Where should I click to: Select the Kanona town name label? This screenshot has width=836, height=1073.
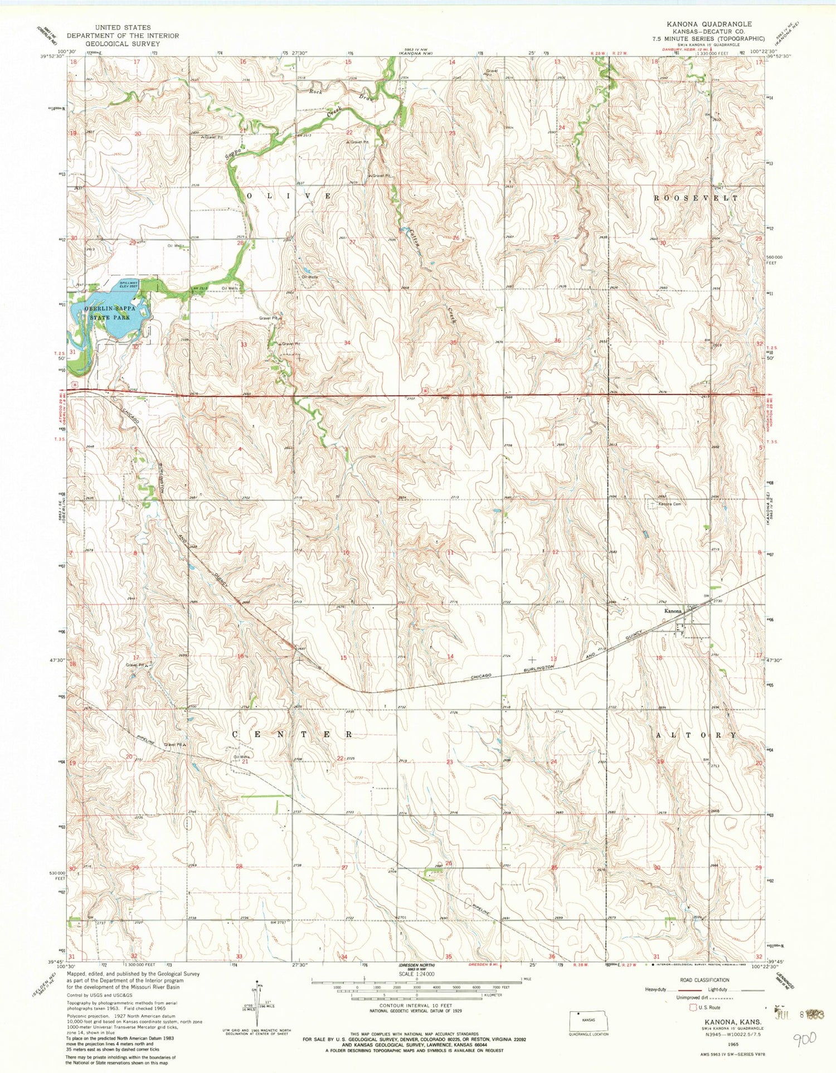pos(673,611)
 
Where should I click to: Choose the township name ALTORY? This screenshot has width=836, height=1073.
pos(696,735)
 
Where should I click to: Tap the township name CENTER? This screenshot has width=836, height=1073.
pos(292,735)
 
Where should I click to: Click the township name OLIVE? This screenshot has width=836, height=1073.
pos(289,196)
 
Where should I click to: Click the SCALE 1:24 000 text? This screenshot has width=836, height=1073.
pos(417,974)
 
